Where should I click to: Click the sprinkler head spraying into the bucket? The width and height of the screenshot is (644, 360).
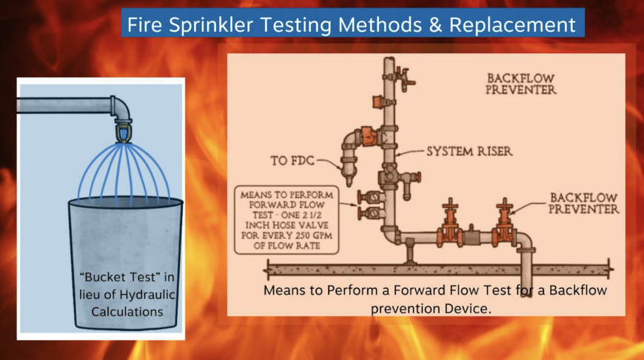click(x=120, y=134)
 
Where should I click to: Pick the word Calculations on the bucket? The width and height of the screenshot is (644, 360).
click(x=127, y=312)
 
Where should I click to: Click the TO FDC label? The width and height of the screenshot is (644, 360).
click(x=291, y=159)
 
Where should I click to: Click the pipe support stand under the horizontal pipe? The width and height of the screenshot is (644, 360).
click(x=409, y=253)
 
